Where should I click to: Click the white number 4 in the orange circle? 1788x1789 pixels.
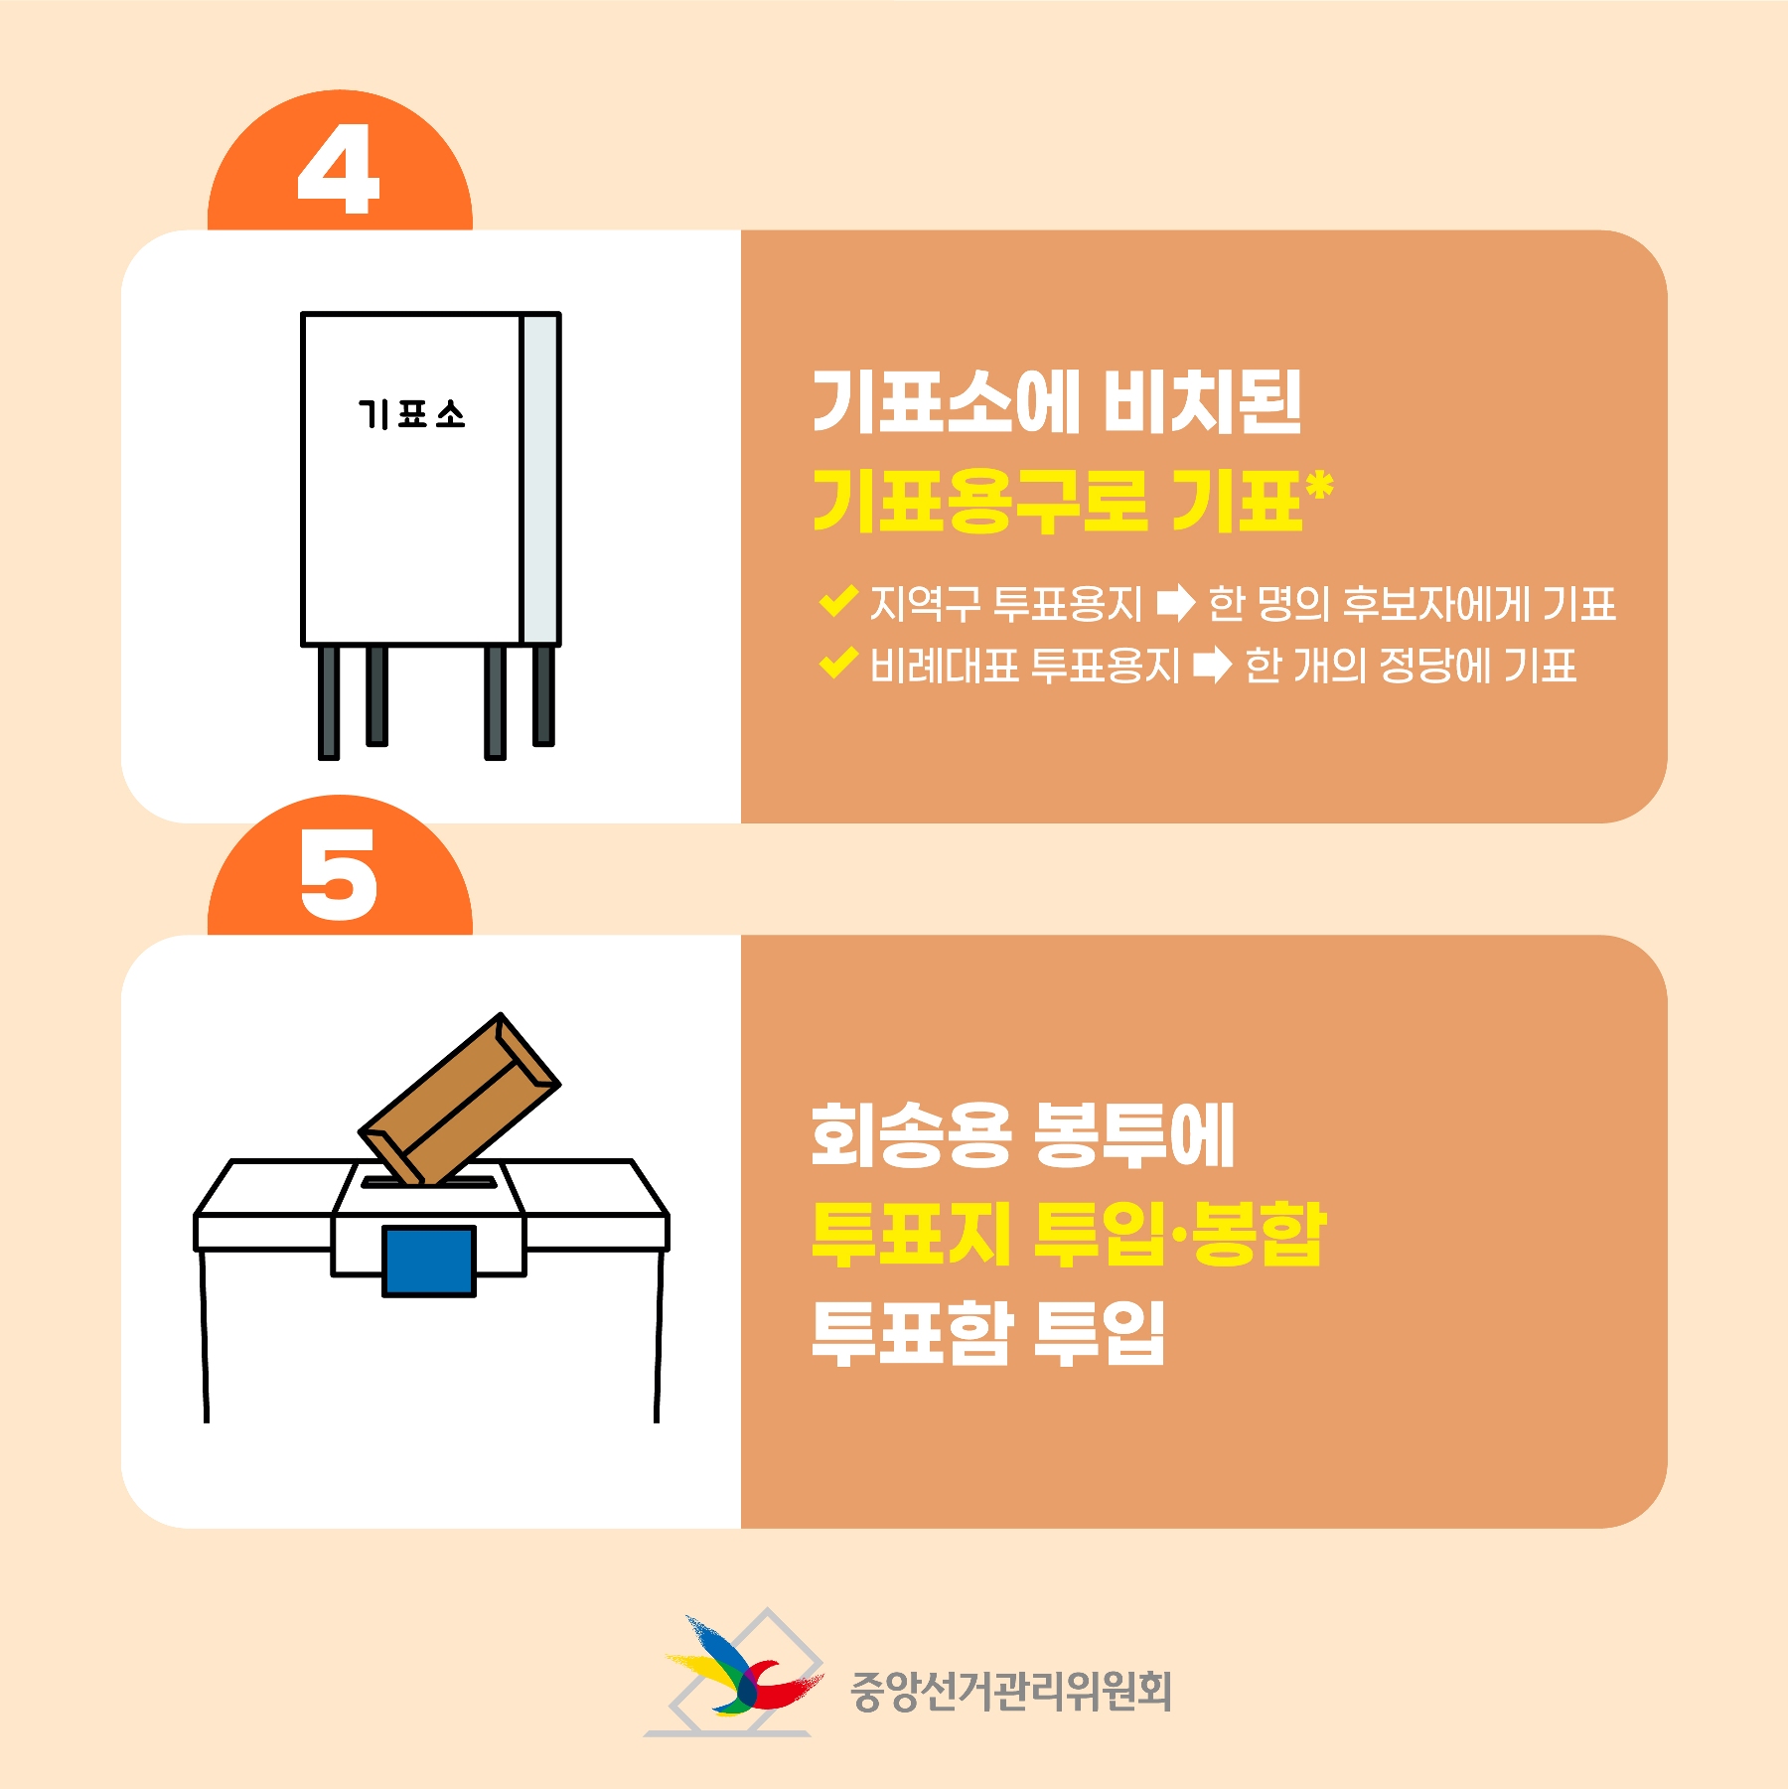point(339,170)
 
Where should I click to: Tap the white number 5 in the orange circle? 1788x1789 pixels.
point(339,874)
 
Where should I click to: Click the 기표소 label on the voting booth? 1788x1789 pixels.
point(411,414)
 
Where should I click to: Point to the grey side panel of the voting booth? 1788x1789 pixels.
point(539,479)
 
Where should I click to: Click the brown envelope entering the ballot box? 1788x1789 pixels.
point(459,1100)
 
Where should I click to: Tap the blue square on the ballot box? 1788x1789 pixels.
point(429,1261)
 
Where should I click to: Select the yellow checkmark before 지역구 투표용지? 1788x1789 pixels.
point(838,601)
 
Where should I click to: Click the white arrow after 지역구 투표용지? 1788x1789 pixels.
point(1176,603)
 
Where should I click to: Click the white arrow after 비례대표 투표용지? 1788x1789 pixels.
point(1213,665)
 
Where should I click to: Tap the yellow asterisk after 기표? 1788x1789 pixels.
point(1320,487)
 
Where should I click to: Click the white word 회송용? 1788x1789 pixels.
point(911,1134)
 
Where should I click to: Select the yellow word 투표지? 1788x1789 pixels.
point(911,1233)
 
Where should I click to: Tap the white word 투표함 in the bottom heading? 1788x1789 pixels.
point(911,1331)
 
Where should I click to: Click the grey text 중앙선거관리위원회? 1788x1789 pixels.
point(1011,1691)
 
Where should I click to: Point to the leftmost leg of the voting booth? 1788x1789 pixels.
point(329,702)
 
